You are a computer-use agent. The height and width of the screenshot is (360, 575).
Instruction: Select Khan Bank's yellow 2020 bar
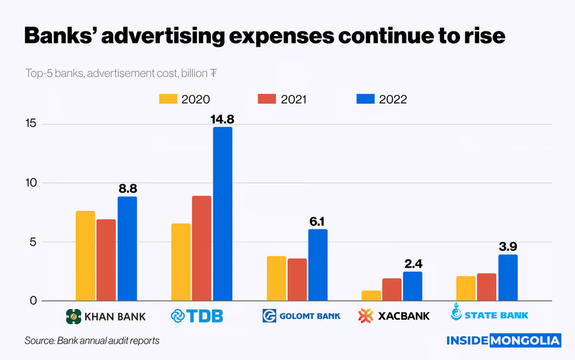click(85, 255)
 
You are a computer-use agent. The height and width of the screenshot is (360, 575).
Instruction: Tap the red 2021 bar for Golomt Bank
click(297, 279)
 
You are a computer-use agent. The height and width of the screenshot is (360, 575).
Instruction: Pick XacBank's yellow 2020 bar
click(371, 295)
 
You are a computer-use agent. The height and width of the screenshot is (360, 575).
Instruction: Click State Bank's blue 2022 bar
click(508, 278)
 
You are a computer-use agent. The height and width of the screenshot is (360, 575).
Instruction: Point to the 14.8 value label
click(222, 118)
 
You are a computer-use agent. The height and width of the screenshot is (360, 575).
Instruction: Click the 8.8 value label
click(128, 188)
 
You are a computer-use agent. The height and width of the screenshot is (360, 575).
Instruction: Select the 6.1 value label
click(318, 221)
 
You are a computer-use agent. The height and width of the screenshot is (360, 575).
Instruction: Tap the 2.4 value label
click(413, 263)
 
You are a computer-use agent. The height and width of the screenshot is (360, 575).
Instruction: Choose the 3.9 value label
click(508, 246)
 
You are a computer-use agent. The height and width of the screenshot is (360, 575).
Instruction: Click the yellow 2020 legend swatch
click(168, 99)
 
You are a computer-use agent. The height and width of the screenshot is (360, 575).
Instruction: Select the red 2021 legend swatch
click(266, 99)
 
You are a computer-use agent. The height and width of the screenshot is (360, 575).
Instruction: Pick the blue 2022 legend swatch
click(365, 99)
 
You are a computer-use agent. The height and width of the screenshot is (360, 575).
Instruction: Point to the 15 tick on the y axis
click(31, 124)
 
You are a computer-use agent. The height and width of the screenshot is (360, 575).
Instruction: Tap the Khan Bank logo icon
click(74, 316)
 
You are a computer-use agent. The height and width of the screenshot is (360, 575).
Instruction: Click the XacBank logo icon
click(365, 316)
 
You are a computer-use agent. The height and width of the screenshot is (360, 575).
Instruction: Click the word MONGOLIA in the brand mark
click(525, 340)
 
